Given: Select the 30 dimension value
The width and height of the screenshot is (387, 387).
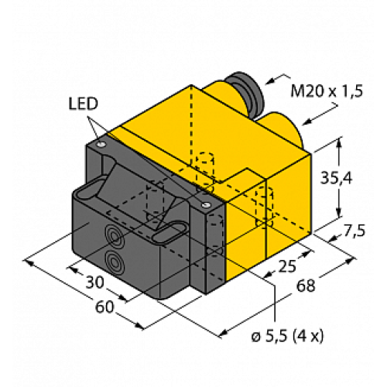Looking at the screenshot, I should pyautogui.click(x=96, y=284).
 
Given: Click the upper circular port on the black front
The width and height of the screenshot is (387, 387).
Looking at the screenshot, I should pyautogui.click(x=114, y=237).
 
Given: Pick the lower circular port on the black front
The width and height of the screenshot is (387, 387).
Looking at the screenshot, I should pyautogui.click(x=114, y=261).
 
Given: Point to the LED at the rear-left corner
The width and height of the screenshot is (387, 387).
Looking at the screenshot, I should pyautogui.click(x=101, y=144).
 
